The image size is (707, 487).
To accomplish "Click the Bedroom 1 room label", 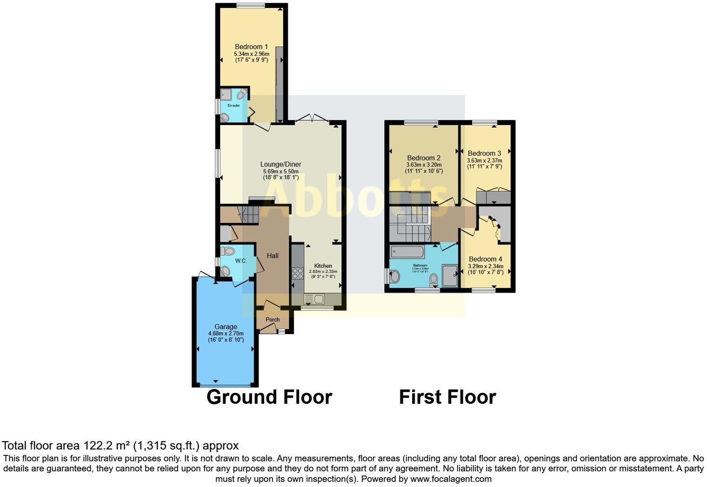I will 251,47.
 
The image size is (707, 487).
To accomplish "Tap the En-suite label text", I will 233,105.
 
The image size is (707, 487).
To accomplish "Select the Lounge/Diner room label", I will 280,164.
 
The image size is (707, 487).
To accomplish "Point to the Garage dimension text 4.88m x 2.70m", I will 226,334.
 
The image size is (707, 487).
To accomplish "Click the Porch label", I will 273,320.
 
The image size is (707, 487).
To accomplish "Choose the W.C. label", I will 240,261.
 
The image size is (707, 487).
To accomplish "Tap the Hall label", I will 273,256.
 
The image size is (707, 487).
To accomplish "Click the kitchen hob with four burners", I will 297,274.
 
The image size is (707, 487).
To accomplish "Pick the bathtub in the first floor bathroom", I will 407,252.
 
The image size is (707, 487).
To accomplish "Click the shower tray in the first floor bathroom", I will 449,276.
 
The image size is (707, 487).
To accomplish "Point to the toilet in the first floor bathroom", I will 434,279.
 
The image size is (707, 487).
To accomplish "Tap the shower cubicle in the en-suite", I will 227,95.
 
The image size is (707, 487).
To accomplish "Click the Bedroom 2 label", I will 423,158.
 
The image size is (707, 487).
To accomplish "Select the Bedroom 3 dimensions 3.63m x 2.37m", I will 484,160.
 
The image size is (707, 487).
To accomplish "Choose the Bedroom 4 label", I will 485,259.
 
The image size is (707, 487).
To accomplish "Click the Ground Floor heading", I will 269,397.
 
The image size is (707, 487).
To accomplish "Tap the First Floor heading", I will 447,397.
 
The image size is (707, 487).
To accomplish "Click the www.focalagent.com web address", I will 450,479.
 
